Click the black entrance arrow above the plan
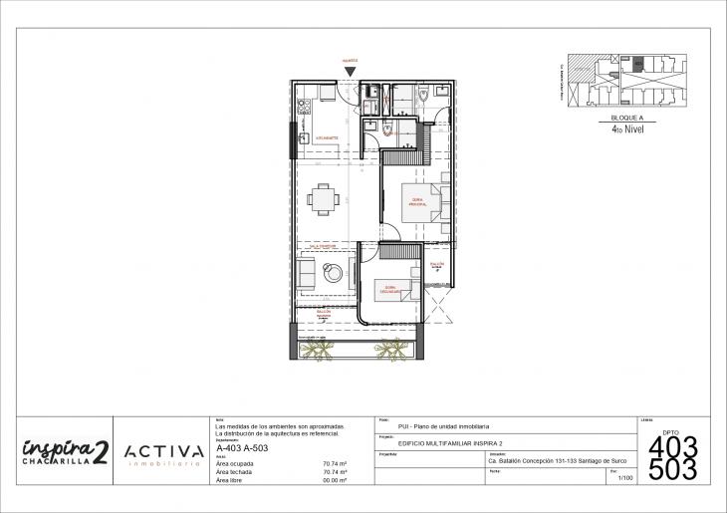350,71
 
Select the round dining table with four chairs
323,199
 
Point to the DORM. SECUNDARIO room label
388,291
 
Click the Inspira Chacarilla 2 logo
63,451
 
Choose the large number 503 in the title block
672,470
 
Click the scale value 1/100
624,479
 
